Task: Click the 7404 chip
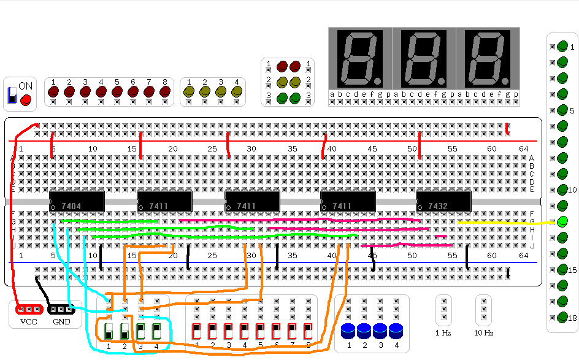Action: click(77, 201)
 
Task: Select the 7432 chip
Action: click(443, 201)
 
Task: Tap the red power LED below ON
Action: click(26, 100)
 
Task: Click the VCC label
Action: click(29, 321)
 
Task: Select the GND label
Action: click(61, 321)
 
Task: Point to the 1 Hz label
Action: click(443, 333)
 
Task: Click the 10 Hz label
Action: click(484, 333)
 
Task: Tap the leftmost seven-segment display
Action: click(360, 58)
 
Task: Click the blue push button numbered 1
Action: click(348, 331)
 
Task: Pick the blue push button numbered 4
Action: click(396, 331)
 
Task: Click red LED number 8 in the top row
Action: click(164, 91)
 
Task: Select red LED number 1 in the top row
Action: click(53, 91)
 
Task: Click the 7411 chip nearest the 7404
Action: click(164, 201)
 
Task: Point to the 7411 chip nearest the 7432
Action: click(348, 201)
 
